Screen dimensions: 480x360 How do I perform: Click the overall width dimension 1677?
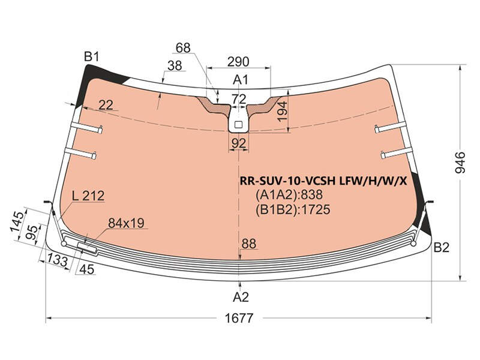[x=239, y=319]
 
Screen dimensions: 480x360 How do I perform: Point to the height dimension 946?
[x=460, y=162]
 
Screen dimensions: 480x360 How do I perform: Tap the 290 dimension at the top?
[x=238, y=62]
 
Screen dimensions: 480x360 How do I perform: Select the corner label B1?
[x=92, y=56]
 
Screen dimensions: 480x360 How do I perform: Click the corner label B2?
[x=442, y=247]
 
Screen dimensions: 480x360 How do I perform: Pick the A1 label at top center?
[x=241, y=80]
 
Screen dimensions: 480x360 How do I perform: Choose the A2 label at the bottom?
[x=241, y=297]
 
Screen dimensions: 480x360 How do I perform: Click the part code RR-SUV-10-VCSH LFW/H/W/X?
[x=323, y=181]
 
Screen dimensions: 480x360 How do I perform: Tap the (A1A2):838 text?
[x=289, y=194]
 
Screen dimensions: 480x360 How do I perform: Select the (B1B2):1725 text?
[x=293, y=209]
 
